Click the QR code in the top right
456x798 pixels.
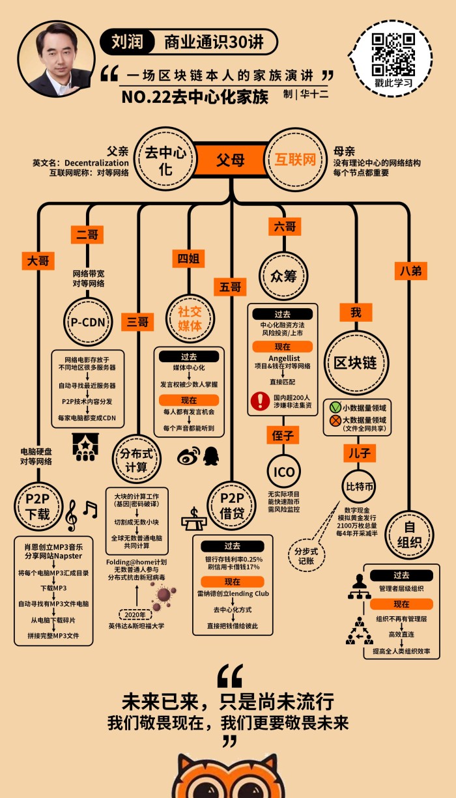coord(393,53)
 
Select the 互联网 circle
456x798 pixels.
coord(295,160)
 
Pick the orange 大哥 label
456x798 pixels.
coord(38,261)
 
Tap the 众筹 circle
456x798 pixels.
coord(283,276)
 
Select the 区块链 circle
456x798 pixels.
coord(356,362)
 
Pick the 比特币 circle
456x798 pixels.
coord(358,485)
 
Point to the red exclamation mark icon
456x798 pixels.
coord(260,399)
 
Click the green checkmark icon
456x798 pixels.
coord(335,407)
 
